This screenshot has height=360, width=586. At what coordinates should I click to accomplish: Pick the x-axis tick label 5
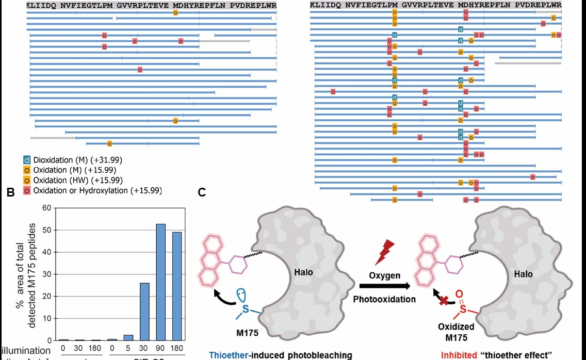128,348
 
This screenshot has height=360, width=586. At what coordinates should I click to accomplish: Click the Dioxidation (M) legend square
27,160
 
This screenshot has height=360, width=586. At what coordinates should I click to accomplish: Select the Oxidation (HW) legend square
27,181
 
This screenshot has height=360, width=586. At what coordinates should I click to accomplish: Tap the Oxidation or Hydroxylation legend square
27,191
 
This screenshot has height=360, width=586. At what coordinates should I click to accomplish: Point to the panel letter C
202,193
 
